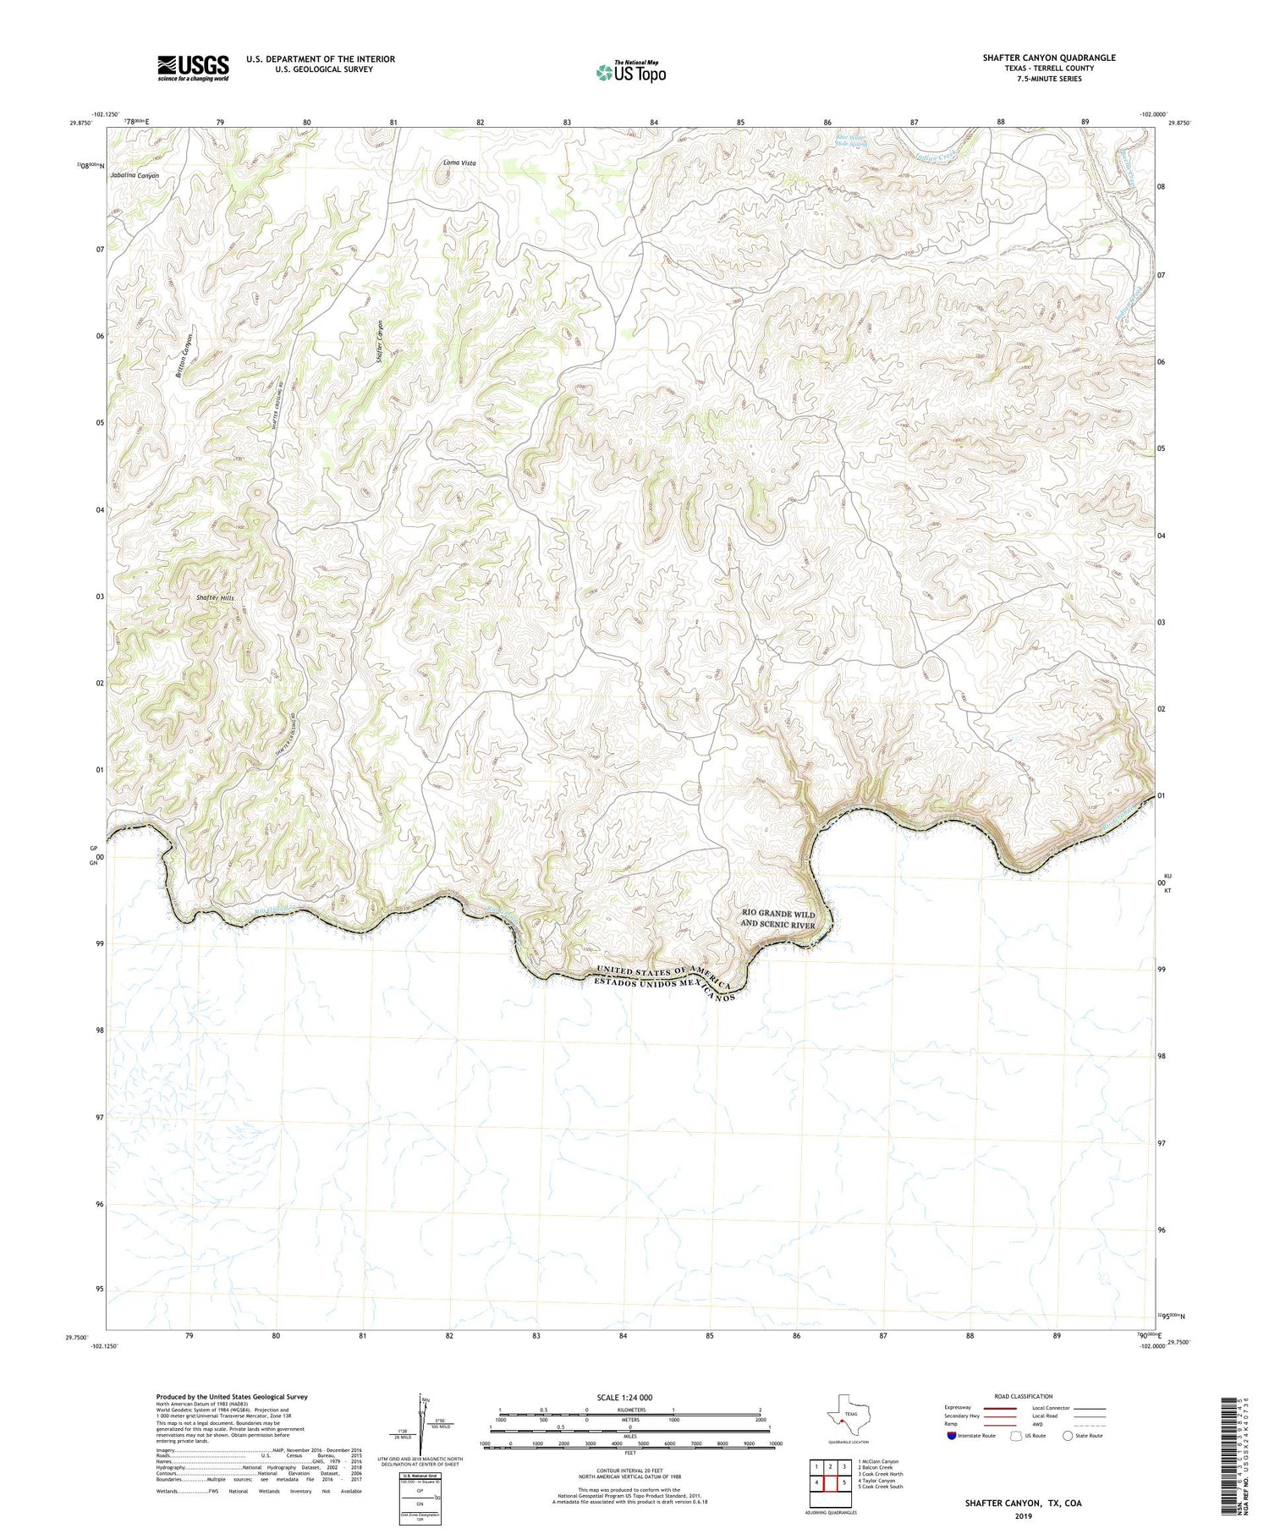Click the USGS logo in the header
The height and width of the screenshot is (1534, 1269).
[193, 68]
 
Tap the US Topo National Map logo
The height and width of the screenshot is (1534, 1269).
[631, 72]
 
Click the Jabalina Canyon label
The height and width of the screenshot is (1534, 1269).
[135, 176]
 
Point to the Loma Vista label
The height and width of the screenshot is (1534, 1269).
[459, 162]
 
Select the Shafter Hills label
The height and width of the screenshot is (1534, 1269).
[215, 597]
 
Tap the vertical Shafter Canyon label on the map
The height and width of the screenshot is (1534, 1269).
[381, 342]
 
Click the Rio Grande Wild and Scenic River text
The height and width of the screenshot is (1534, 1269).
[777, 919]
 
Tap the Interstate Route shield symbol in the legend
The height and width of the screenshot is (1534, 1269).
[952, 1436]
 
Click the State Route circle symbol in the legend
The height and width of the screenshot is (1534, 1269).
[1068, 1436]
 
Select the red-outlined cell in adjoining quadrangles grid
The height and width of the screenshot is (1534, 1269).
[830, 1482]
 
